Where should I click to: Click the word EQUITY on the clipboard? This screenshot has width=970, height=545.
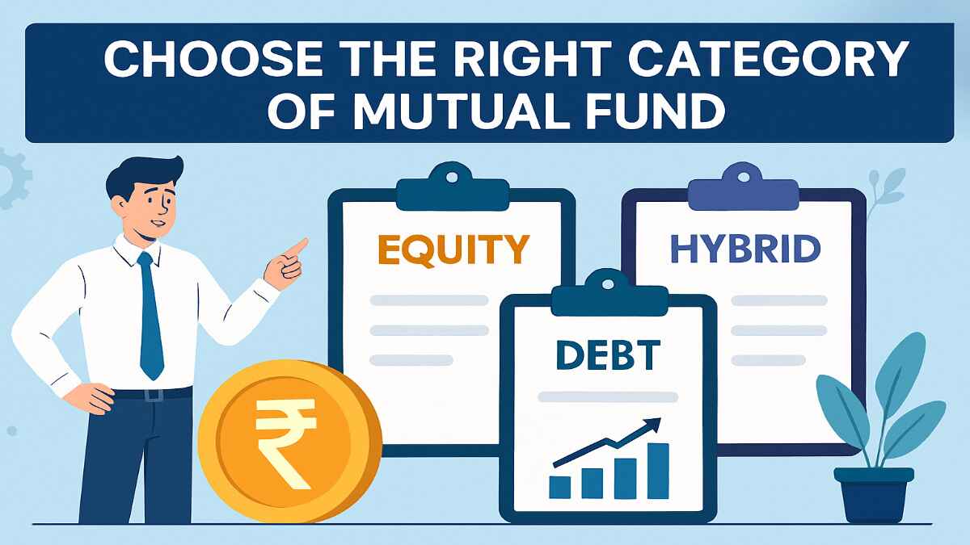[453, 250]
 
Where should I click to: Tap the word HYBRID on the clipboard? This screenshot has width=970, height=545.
[744, 250]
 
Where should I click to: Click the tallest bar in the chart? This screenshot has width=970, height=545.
[658, 470]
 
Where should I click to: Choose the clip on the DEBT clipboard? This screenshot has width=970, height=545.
[608, 284]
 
